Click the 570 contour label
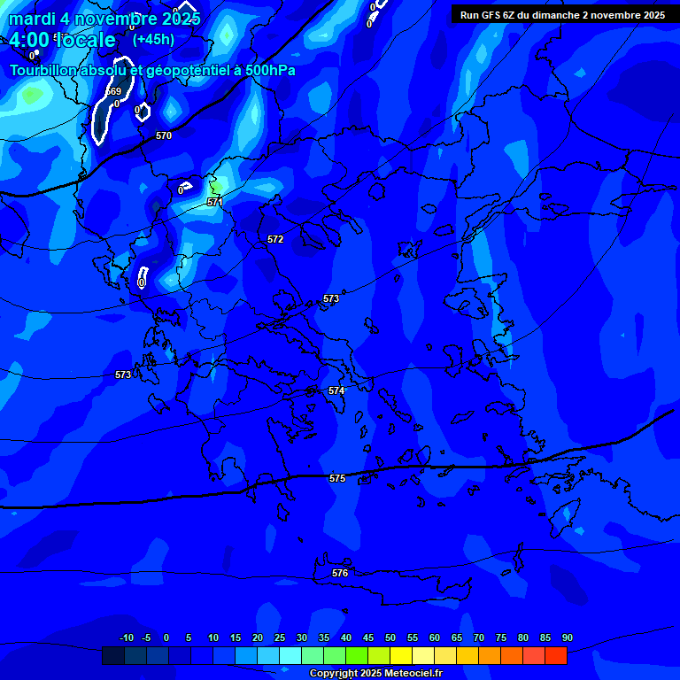pyautogui.click(x=164, y=135)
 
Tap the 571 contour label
pyautogui.click(x=215, y=202)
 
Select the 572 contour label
pyautogui.click(x=275, y=239)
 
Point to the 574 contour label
pyautogui.click(x=336, y=390)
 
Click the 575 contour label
pyautogui.click(x=337, y=478)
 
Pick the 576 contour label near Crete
pyautogui.click(x=340, y=573)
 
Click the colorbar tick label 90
pyautogui.click(x=567, y=637)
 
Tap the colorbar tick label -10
pyautogui.click(x=126, y=637)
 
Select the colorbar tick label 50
pyautogui.click(x=390, y=637)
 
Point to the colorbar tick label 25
pyautogui.click(x=280, y=637)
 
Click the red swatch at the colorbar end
pyautogui.click(x=556, y=655)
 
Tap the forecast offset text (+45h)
pyautogui.click(x=153, y=39)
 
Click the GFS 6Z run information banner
pyautogui.click(x=562, y=15)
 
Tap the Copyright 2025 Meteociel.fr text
pyautogui.click(x=375, y=673)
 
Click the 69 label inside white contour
pyautogui.click(x=115, y=91)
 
